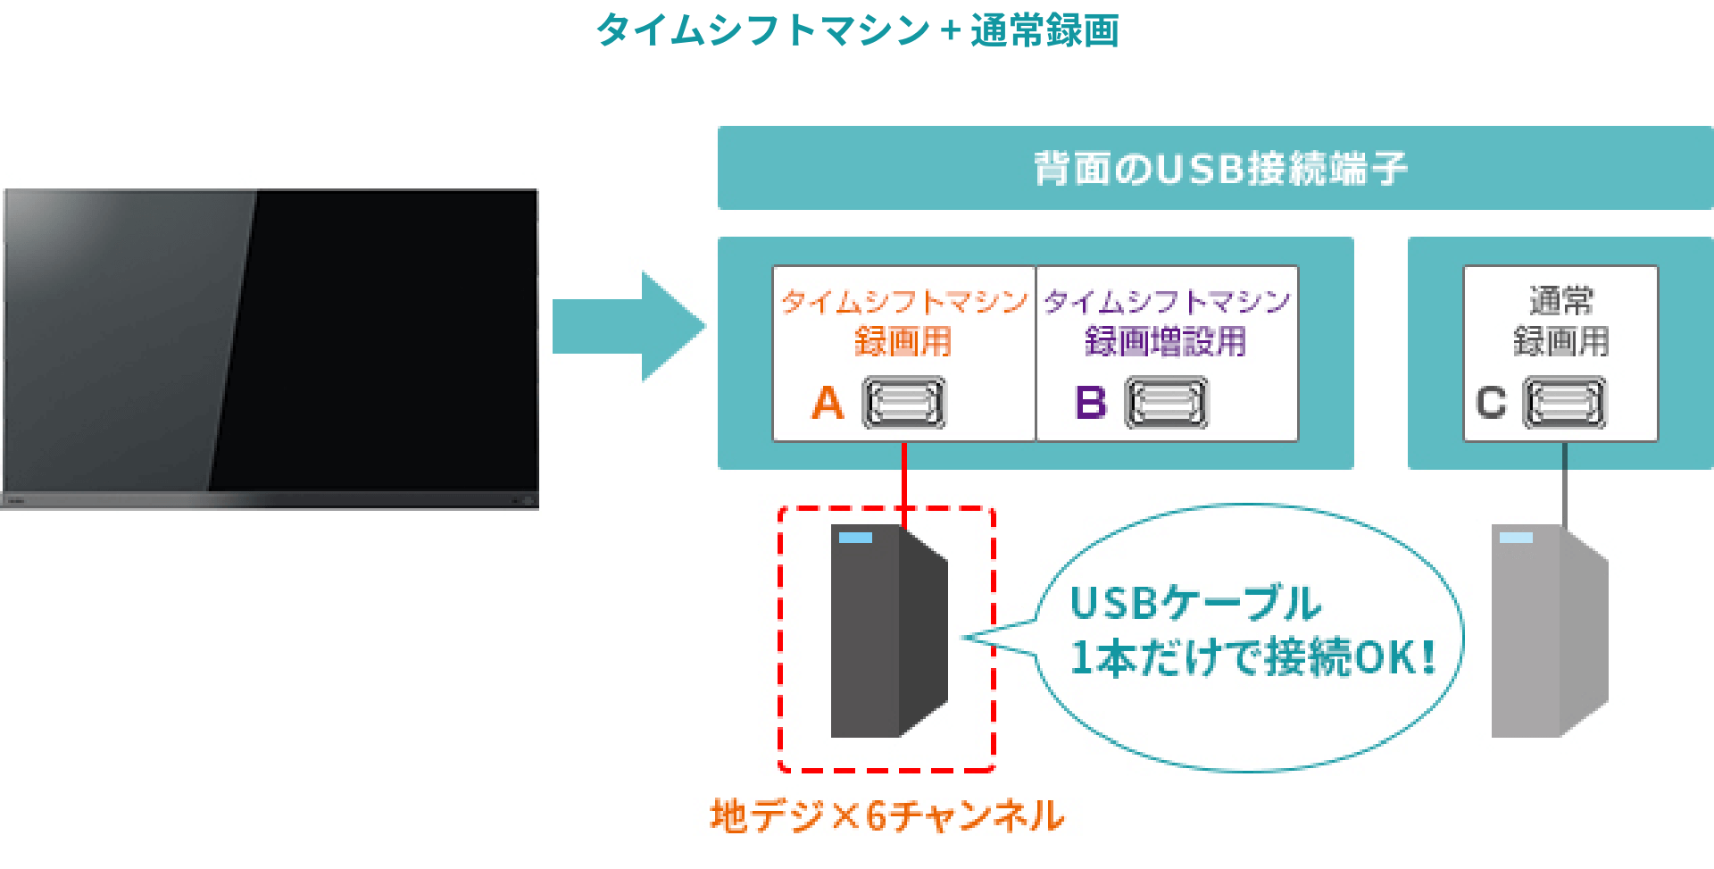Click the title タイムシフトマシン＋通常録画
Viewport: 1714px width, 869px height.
click(x=857, y=30)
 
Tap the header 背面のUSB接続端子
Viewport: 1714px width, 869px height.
click(x=1219, y=168)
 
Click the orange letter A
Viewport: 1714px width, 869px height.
click(x=828, y=403)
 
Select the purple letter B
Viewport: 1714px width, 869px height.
click(x=1090, y=403)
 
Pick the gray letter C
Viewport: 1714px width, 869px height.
click(x=1491, y=403)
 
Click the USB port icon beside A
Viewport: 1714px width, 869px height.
click(x=903, y=403)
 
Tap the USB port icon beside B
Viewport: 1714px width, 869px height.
click(x=1166, y=403)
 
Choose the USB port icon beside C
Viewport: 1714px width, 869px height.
click(x=1564, y=403)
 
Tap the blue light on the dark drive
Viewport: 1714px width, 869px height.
click(x=855, y=538)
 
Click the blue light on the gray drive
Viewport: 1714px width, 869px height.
click(x=1516, y=538)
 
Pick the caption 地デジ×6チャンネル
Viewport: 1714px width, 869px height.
click(x=886, y=816)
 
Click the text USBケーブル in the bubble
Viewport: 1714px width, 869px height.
click(x=1194, y=604)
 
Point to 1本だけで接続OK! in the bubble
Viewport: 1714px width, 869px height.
click(x=1252, y=658)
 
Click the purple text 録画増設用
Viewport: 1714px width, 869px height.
click(x=1165, y=342)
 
